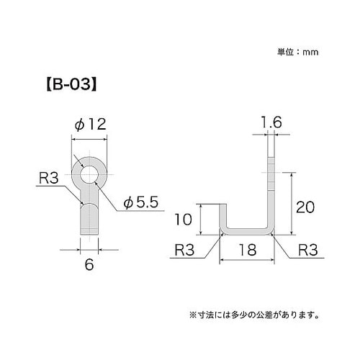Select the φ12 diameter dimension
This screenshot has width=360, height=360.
coord(89,125)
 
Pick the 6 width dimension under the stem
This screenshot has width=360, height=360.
coord(89,264)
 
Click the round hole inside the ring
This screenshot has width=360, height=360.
coord(89,174)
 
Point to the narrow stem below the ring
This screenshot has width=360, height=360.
coord(89,216)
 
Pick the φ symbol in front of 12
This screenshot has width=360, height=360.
coord(79,125)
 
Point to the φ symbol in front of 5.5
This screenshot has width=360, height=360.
coord(127,204)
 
